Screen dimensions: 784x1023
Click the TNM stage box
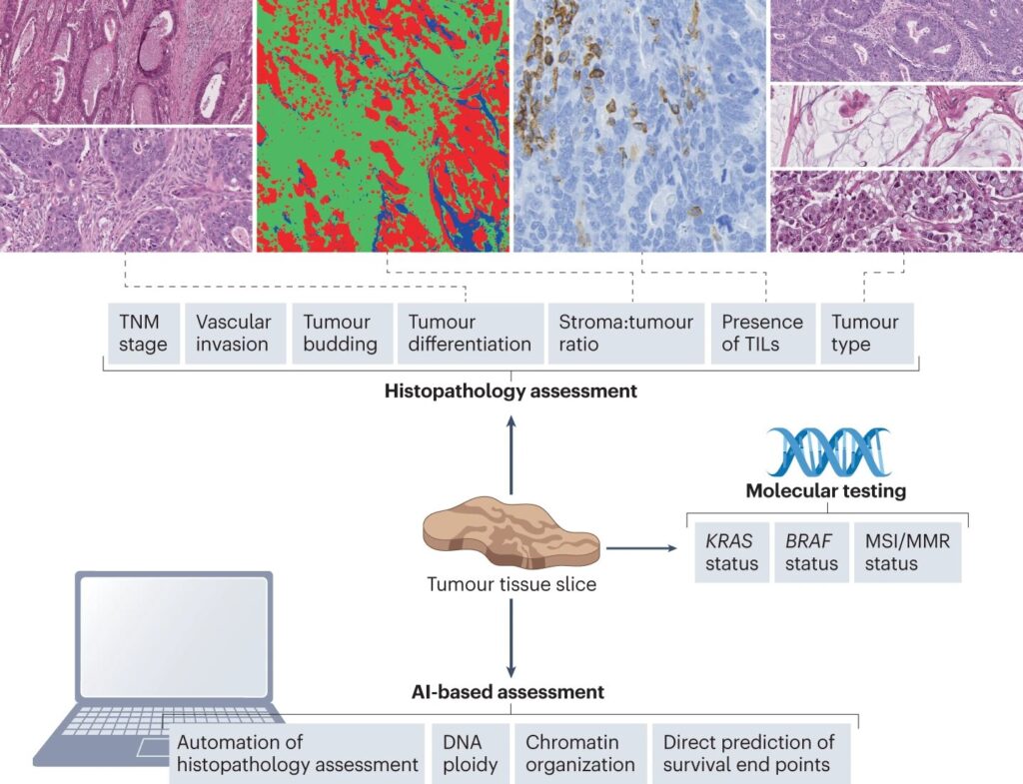point(141,334)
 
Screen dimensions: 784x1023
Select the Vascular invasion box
point(234,334)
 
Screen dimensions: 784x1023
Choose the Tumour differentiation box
point(470,334)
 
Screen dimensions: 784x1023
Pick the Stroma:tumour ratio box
point(625,334)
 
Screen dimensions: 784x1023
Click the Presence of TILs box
point(762,334)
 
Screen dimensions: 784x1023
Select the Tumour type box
point(865,334)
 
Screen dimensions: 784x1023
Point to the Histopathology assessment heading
point(511,392)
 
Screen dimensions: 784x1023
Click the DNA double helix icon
point(827,450)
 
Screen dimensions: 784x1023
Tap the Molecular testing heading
point(826,490)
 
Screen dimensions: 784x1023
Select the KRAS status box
point(731,552)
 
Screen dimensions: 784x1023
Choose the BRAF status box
point(810,552)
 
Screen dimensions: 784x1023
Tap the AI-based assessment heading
point(510,691)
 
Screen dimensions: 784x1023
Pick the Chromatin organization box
point(579,754)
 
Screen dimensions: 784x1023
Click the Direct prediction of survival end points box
point(748,754)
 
